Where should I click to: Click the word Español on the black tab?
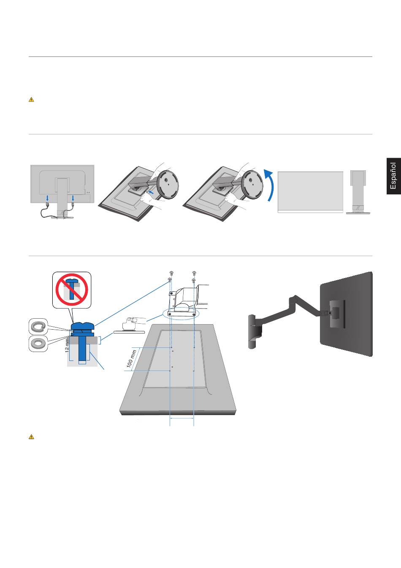pyautogui.click(x=393, y=176)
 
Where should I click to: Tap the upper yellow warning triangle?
pyautogui.click(x=31, y=99)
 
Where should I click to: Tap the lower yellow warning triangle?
pyautogui.click(x=31, y=437)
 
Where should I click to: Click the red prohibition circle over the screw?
pyautogui.click(x=72, y=290)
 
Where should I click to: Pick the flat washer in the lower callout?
pyautogui.click(x=38, y=343)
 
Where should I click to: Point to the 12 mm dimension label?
pyautogui.click(x=67, y=345)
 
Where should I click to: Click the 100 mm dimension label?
pyautogui.click(x=131, y=359)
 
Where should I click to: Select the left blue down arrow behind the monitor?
pyautogui.click(x=47, y=198)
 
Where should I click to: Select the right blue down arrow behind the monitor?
pyautogui.click(x=73, y=198)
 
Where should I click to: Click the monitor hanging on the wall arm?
pyautogui.click(x=346, y=314)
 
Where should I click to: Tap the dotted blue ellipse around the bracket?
pyautogui.click(x=182, y=313)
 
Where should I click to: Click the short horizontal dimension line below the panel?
pyautogui.click(x=182, y=418)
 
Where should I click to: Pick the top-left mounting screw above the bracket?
pyautogui.click(x=171, y=273)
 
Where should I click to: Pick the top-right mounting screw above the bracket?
pyautogui.click(x=194, y=273)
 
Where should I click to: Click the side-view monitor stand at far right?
pyautogui.click(x=358, y=192)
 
